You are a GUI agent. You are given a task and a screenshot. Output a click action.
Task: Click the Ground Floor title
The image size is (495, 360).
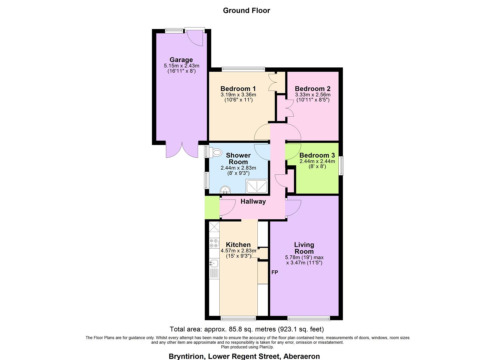click(246, 10)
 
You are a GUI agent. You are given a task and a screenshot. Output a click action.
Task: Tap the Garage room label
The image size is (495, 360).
click(181, 60)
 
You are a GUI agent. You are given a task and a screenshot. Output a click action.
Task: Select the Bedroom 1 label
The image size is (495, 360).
click(238, 89)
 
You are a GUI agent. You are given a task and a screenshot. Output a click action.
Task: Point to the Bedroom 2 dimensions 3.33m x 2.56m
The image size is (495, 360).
click(313, 95)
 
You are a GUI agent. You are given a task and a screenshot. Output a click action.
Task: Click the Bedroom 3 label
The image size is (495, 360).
click(317, 155)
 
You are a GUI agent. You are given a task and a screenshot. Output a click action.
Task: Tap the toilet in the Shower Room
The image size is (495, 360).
click(216, 153)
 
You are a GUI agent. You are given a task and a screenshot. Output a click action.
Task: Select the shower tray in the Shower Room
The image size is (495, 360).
click(257, 186)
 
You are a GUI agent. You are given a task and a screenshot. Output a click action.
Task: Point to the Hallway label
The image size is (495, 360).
click(253, 201)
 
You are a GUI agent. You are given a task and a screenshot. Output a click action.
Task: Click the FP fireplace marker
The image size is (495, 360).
click(275, 272)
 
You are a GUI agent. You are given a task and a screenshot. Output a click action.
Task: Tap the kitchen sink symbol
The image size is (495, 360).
click(213, 263)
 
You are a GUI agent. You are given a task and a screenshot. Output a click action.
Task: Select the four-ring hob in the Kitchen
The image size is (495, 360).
click(214, 243)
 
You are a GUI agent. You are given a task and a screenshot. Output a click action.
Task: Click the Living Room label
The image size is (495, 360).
click(304, 248)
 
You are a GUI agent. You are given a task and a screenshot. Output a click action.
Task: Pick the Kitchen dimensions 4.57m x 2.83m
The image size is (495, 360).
click(238, 251)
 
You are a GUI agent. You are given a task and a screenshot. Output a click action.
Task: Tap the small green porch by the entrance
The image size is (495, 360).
click(212, 208)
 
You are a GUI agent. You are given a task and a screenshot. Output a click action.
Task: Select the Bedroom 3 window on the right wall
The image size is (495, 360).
click(341, 166)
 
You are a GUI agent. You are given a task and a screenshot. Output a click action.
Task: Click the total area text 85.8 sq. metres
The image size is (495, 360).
click(247, 329)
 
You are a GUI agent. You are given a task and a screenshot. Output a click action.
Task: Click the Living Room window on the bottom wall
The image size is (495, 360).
click(309, 318)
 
